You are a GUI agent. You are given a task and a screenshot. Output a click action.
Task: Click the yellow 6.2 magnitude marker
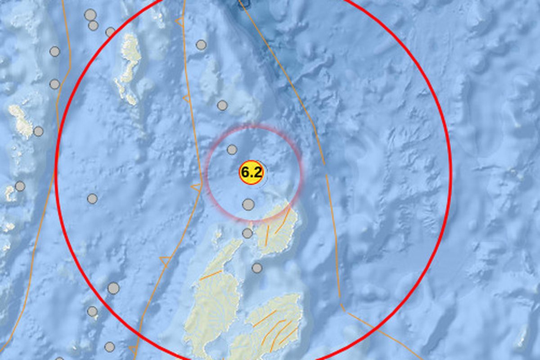(251, 172)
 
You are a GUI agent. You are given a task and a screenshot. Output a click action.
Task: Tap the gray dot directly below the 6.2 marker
(248, 205)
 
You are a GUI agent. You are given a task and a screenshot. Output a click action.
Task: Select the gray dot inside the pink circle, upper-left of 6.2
(232, 149)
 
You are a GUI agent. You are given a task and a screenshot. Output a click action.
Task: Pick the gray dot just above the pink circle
(222, 105)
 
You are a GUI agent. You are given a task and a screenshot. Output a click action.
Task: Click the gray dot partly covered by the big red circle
(110, 32)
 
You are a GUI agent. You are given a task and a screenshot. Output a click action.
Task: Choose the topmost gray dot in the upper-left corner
(90, 15)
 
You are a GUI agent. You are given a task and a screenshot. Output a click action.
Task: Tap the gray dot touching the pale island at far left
(38, 131)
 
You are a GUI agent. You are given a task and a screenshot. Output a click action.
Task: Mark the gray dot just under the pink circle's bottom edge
(247, 233)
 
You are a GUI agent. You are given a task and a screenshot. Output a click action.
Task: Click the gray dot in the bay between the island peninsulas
(257, 268)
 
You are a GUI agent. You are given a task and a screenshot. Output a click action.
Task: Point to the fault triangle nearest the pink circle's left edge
(196, 187)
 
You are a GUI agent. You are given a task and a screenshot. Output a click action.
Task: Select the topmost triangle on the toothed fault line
(180, 21)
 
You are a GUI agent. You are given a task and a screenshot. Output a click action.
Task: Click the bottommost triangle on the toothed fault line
(133, 349)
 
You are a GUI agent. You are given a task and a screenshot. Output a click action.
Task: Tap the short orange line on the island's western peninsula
(211, 275)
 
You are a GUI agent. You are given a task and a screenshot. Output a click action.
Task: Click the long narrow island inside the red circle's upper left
(129, 67)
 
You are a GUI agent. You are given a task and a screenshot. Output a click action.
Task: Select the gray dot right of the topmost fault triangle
(201, 45)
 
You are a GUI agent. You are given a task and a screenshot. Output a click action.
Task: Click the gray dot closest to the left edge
(20, 186)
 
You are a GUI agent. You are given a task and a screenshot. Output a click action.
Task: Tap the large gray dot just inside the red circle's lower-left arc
(113, 288)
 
